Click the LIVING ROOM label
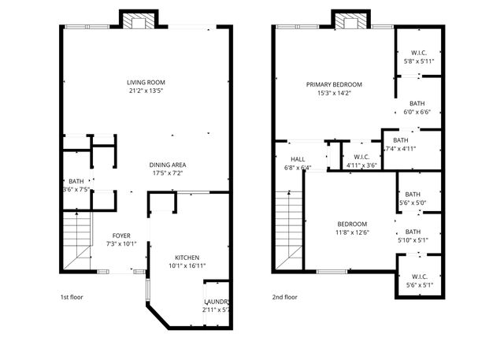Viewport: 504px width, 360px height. (145, 82)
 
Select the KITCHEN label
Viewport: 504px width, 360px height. (187, 258)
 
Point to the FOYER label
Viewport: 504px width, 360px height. (121, 236)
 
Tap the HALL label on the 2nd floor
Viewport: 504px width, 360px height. (297, 159)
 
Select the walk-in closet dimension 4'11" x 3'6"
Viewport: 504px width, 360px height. (361, 165)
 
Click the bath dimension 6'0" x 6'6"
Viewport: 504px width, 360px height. (417, 112)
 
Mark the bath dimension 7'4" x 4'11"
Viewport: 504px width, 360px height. (400, 148)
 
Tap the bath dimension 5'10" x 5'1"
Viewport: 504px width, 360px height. (413, 240)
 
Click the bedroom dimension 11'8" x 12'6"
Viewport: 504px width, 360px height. (352, 232)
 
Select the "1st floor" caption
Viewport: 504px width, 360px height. (72, 297)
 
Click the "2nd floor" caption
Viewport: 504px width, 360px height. (284, 297)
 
